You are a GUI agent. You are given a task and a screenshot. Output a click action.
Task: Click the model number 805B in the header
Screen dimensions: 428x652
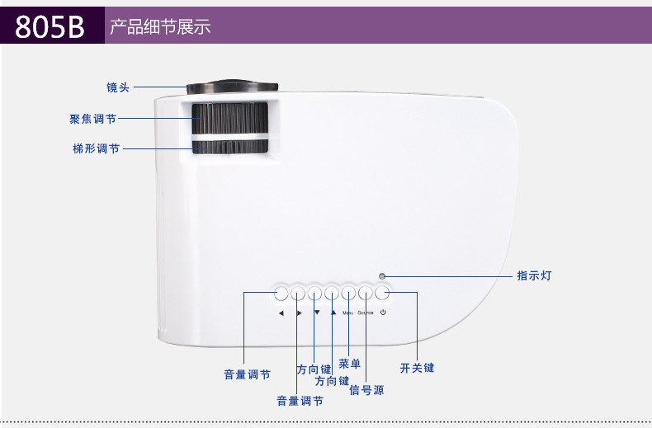pyautogui.click(x=50, y=26)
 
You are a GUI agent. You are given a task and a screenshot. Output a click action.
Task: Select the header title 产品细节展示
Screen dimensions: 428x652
pyautogui.click(x=160, y=26)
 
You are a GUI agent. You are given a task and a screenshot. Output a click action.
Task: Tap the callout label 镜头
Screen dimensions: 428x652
pyautogui.click(x=118, y=87)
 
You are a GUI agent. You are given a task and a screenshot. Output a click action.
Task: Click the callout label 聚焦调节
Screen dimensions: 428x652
pyautogui.click(x=92, y=119)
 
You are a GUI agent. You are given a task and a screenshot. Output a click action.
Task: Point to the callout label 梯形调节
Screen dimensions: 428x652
pyautogui.click(x=96, y=149)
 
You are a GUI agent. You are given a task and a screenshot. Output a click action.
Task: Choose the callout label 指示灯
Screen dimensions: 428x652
pyautogui.click(x=534, y=275)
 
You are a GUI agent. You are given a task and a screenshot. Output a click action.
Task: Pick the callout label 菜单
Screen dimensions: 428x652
pyautogui.click(x=350, y=364)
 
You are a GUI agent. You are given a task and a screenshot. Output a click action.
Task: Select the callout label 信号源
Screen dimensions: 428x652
pyautogui.click(x=366, y=389)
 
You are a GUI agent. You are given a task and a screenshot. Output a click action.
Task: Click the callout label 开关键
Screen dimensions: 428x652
pyautogui.click(x=417, y=368)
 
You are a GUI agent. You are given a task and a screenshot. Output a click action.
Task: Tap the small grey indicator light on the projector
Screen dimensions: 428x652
pyautogui.click(x=381, y=276)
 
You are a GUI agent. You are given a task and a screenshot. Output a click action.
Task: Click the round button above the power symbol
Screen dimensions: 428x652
pyautogui.click(x=382, y=293)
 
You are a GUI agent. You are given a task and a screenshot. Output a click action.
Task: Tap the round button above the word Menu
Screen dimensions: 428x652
pyautogui.click(x=348, y=293)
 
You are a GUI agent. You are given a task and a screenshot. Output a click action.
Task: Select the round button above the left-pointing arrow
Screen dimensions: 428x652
pyautogui.click(x=281, y=293)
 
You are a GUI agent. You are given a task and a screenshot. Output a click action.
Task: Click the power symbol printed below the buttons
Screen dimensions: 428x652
pyautogui.click(x=384, y=313)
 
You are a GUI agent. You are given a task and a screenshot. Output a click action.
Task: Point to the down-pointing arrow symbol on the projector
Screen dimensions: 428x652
pyautogui.click(x=316, y=313)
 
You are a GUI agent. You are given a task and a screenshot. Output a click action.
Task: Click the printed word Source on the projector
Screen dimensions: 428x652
pyautogui.click(x=366, y=313)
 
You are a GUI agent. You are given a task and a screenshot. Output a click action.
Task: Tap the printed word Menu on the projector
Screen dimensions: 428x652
pyautogui.click(x=348, y=313)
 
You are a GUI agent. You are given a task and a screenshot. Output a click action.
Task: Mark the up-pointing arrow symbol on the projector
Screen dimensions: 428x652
pyautogui.click(x=333, y=313)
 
